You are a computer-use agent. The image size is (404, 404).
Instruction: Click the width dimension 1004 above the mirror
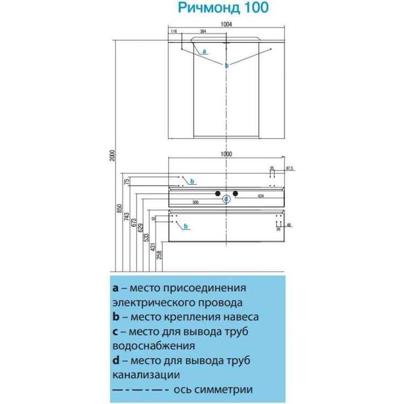[226, 23]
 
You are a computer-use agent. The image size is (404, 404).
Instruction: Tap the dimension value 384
[203, 32]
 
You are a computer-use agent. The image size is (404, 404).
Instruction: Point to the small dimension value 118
[173, 32]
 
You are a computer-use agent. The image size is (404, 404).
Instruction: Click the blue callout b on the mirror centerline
[227, 65]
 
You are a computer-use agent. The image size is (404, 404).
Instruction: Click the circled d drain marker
[227, 199]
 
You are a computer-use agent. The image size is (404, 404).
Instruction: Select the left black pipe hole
[218, 193]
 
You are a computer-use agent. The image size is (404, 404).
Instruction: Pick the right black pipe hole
[236, 193]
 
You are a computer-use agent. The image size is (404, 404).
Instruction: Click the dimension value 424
[260, 196]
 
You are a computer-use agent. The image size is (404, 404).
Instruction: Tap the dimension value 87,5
[289, 169]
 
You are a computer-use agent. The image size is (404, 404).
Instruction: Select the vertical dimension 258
[159, 255]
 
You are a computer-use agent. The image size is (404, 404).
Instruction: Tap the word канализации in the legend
[146, 374]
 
